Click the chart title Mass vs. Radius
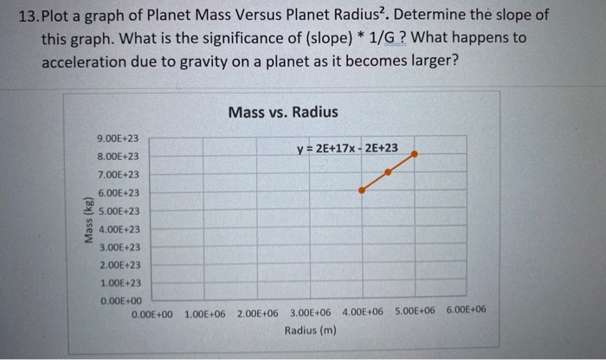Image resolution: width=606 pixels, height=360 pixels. [x=283, y=112]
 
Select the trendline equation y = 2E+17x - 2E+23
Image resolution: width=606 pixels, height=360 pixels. [x=347, y=148]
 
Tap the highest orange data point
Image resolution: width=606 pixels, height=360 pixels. [x=415, y=154]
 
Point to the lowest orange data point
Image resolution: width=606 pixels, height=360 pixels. [x=362, y=189]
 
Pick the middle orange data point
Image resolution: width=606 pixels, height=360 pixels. [x=388, y=171]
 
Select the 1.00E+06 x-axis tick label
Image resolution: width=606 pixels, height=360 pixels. [x=204, y=311]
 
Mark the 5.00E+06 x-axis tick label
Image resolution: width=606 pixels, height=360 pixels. [x=415, y=310]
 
